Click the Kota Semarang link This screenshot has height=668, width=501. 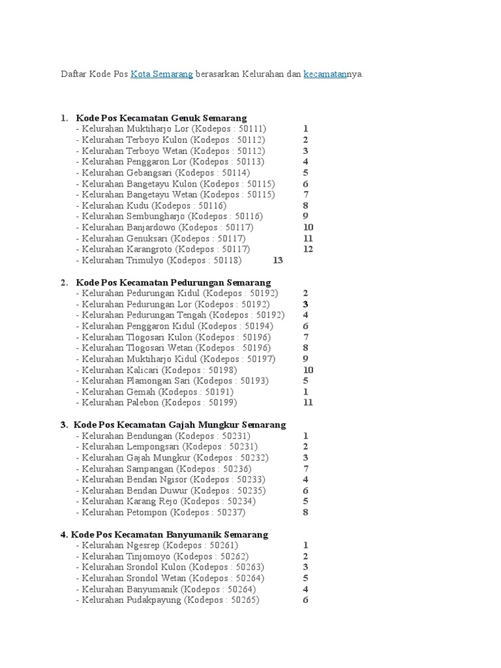161,74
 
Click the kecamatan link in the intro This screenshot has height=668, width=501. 325,74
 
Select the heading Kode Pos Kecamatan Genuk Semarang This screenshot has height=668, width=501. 161,118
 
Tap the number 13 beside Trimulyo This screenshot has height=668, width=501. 278,260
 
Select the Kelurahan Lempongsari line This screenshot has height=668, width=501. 166,447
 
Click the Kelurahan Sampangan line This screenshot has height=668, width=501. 164,468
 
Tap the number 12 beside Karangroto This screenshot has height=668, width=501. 308,249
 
